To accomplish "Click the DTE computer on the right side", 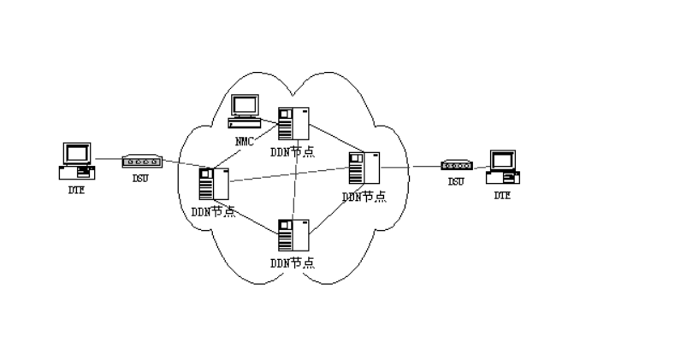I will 501,168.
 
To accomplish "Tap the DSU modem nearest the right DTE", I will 453,167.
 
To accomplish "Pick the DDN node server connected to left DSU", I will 212,185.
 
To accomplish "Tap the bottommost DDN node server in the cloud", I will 293,235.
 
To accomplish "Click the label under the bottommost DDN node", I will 292,262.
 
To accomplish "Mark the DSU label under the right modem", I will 453,183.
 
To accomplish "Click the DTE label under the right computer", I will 501,196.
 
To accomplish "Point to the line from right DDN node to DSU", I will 411,167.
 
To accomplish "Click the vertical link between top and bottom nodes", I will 295,180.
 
